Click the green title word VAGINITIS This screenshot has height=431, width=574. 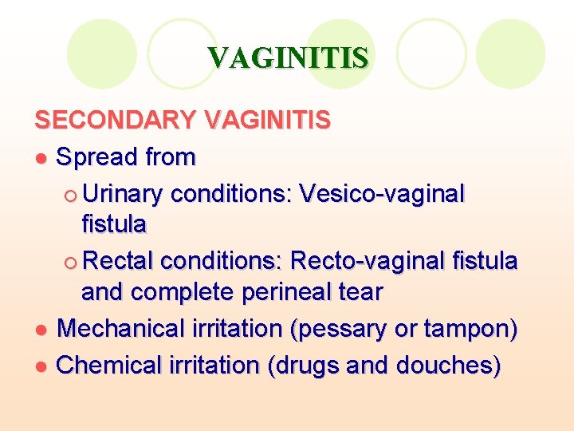288,57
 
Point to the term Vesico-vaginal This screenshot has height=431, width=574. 381,194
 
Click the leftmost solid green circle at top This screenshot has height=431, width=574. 102,54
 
